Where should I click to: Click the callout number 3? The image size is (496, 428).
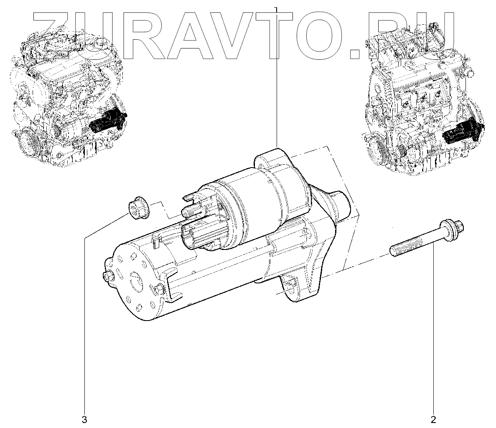84,419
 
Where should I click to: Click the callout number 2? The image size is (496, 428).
433,419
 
